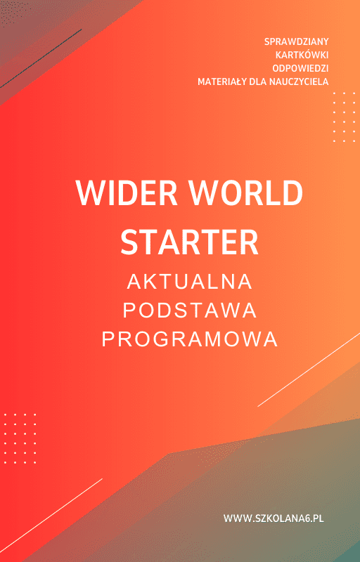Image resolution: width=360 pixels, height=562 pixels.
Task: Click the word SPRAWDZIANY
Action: (x=297, y=42)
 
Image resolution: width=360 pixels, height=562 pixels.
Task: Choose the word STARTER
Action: (x=190, y=241)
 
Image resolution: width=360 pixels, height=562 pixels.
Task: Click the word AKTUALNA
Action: (x=190, y=282)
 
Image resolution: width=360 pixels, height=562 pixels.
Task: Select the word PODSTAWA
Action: (x=190, y=311)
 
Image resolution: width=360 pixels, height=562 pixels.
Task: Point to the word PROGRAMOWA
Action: (x=190, y=339)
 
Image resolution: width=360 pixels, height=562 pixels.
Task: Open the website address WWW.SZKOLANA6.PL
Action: (x=278, y=518)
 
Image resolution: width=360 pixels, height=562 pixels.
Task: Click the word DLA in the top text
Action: (x=253, y=82)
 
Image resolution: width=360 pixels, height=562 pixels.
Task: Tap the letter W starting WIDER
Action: (x=88, y=193)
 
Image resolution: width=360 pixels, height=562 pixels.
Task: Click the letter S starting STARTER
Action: (x=130, y=241)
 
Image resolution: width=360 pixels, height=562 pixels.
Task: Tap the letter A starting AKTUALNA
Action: (x=134, y=282)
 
